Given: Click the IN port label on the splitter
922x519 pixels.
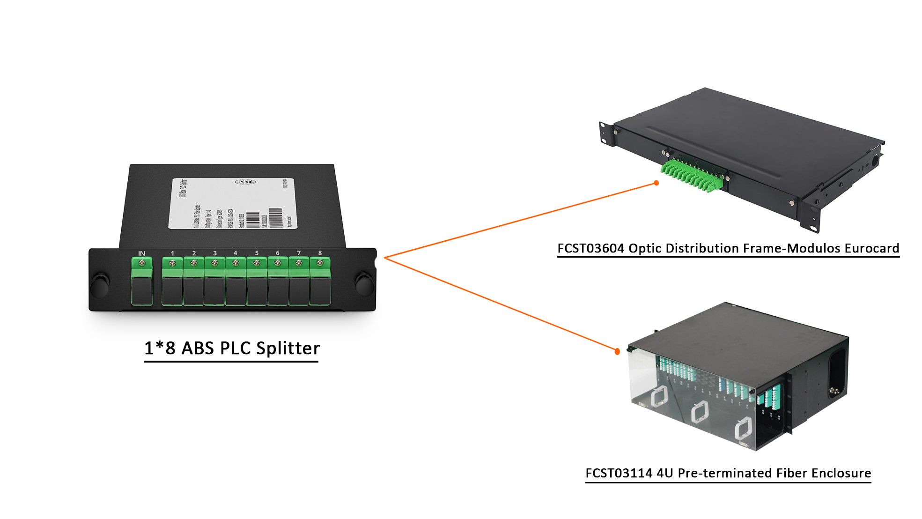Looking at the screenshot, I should click(x=141, y=253).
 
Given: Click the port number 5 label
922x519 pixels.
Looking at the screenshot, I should click(x=257, y=253).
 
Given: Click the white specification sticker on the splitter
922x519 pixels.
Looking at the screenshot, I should click(x=233, y=204).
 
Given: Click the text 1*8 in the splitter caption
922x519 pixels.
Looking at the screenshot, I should click(x=160, y=348).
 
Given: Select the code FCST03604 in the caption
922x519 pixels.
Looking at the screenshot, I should click(x=590, y=248).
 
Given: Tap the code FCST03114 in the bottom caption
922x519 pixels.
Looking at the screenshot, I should click(x=619, y=473).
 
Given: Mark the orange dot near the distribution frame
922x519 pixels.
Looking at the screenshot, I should click(x=656, y=183).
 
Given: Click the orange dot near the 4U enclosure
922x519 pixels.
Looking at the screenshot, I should click(x=617, y=351).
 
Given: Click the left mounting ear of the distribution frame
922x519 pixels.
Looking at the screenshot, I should click(x=606, y=133).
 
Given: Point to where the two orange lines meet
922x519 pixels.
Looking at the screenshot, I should click(x=385, y=258).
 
